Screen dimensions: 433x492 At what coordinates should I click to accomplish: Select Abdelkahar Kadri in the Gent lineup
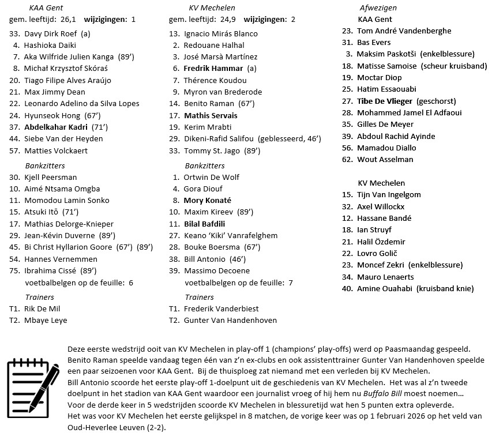click(x=56, y=127)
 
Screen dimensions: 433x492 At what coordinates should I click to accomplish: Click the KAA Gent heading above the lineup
click(x=46, y=7)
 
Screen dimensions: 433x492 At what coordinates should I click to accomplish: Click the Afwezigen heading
click(x=378, y=7)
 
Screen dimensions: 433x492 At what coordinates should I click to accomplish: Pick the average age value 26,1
click(x=68, y=19)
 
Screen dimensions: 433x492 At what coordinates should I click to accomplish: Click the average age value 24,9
click(x=228, y=19)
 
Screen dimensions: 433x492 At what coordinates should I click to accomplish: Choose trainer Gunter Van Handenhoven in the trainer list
click(x=230, y=320)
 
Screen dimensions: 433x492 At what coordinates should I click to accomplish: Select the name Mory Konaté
click(x=207, y=201)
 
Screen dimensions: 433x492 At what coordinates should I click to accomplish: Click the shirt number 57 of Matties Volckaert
click(x=14, y=150)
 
